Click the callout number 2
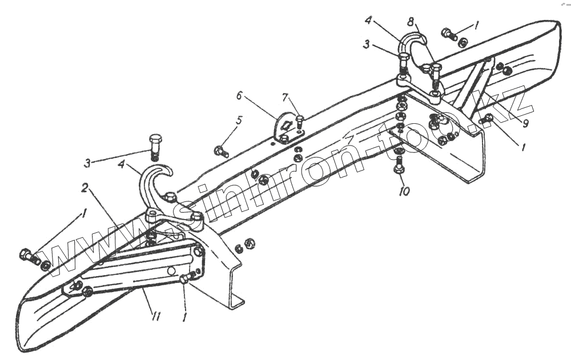[x=83, y=187]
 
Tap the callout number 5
[x=239, y=121]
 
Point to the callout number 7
[x=285, y=98]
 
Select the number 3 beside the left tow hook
[x=87, y=163]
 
